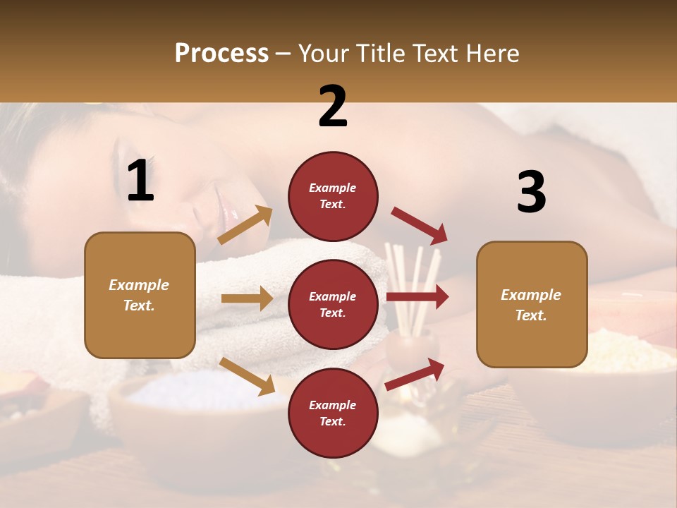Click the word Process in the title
coord(221,54)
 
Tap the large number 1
coord(140,181)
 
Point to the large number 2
coord(333,107)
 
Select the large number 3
coord(531,193)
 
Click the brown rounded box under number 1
coord(140,295)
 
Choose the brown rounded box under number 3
coord(532,305)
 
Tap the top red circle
coord(333,196)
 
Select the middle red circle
coord(333,304)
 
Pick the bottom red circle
coord(333,413)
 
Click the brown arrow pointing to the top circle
coord(245,225)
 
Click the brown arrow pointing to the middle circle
coord(247,298)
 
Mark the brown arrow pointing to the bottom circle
coord(247,376)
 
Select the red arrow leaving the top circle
coord(419,226)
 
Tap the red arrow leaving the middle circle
coord(417,296)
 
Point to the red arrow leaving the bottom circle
coord(415,374)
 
